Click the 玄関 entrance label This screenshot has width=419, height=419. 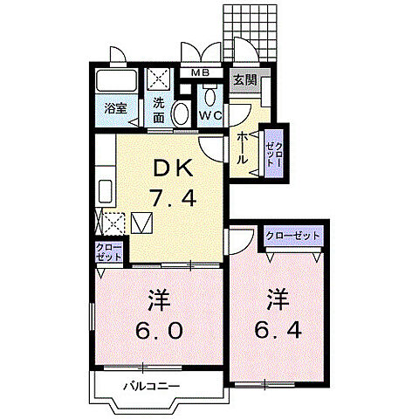pos(244,79)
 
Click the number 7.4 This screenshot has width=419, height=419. pos(174,198)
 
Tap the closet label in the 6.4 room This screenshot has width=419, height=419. pos(292,236)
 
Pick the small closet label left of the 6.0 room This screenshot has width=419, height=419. pos(107,252)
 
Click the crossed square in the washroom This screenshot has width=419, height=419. pos(159,81)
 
